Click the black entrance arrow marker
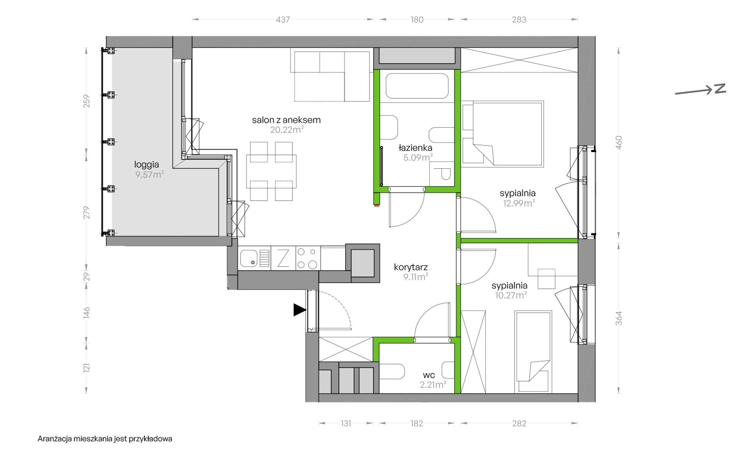(x=299, y=310)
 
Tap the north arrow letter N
(x=720, y=88)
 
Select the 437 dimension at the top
(x=283, y=19)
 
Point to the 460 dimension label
(x=619, y=143)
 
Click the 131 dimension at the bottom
(x=346, y=423)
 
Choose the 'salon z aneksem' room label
(x=286, y=120)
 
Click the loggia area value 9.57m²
(x=149, y=175)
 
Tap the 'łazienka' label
(x=415, y=148)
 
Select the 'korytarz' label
(x=411, y=267)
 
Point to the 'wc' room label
(x=429, y=375)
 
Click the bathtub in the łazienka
(x=417, y=86)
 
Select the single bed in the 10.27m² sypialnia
(x=533, y=352)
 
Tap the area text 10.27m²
(x=511, y=295)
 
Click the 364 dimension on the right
(x=619, y=318)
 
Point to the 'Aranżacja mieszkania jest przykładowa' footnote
(x=105, y=439)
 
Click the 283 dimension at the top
(x=519, y=19)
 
